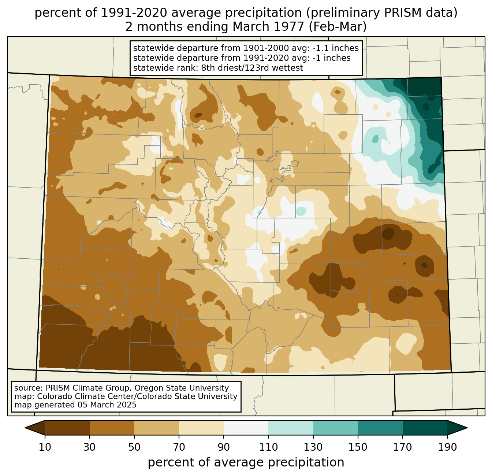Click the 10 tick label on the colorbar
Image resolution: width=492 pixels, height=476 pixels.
[x=45, y=447]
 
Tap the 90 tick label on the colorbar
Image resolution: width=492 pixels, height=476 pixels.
[x=224, y=447]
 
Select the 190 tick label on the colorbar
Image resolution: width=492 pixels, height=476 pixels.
[x=447, y=447]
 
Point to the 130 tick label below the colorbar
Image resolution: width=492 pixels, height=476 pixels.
[x=313, y=447]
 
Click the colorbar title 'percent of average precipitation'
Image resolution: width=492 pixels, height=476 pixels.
[x=246, y=462]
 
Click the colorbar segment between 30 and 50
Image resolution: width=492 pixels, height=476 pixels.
[x=112, y=428]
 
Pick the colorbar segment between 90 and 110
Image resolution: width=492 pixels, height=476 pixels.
[x=246, y=428]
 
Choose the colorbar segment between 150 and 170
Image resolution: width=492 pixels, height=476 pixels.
[x=380, y=428]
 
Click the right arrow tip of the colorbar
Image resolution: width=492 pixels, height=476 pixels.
[x=466, y=428]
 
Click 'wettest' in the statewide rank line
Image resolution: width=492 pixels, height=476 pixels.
[x=289, y=68]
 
